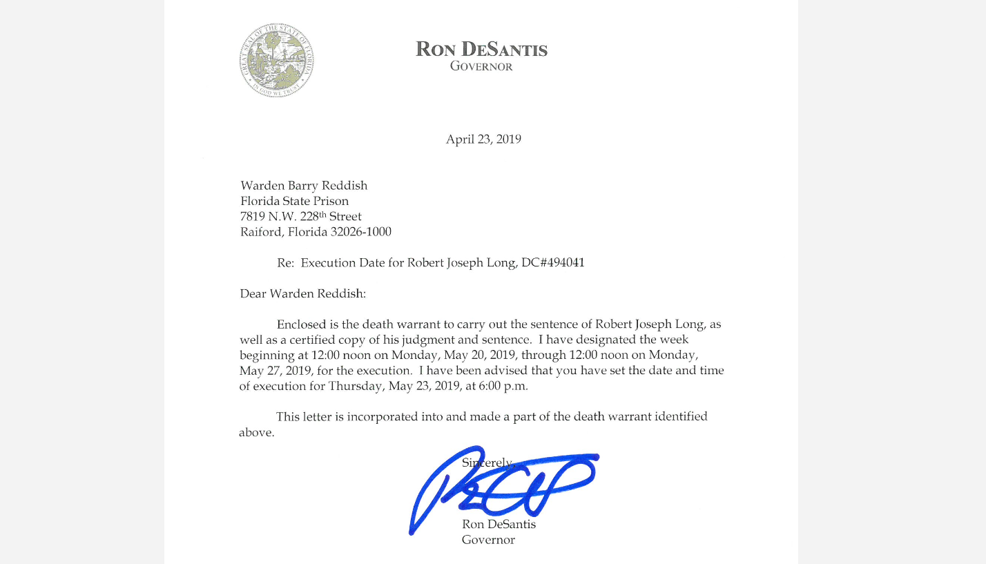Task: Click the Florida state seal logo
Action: pyautogui.click(x=276, y=60)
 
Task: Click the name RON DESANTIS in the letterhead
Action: pyautogui.click(x=481, y=50)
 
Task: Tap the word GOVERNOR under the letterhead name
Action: pyautogui.click(x=481, y=67)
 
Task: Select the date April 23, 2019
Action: pyautogui.click(x=483, y=139)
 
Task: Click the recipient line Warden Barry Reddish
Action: pyautogui.click(x=304, y=186)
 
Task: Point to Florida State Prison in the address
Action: pyautogui.click(x=294, y=202)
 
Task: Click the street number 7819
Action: pyautogui.click(x=253, y=217)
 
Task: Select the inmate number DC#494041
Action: pyautogui.click(x=552, y=263)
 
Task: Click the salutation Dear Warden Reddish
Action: pyautogui.click(x=302, y=293)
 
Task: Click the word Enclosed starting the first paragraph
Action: pyautogui.click(x=301, y=324)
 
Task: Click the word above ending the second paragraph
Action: pyautogui.click(x=256, y=434)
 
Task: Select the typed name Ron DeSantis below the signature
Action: pyautogui.click(x=499, y=525)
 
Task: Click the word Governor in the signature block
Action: pyautogui.click(x=488, y=541)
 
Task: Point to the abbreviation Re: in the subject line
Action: pyautogui.click(x=285, y=263)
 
